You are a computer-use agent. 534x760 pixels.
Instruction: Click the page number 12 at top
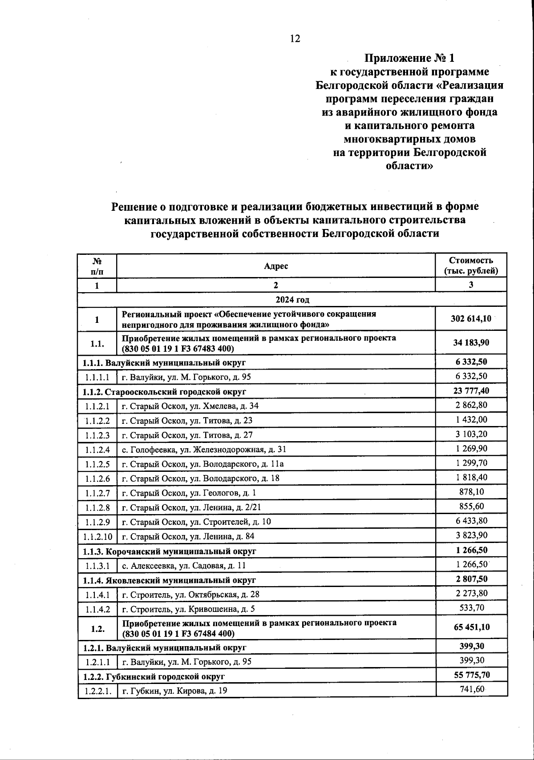(295, 39)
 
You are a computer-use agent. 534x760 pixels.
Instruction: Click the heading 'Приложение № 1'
(409, 58)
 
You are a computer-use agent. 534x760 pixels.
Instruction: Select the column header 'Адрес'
(276, 266)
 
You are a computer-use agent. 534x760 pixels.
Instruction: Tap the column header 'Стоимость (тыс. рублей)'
(471, 266)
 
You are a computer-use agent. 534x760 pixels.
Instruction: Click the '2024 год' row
(292, 299)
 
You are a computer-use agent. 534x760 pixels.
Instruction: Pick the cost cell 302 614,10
(471, 319)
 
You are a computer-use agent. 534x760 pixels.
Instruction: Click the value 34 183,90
(471, 343)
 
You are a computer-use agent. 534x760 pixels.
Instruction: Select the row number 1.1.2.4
(97, 450)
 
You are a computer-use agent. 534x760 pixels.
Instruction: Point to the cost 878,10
(471, 492)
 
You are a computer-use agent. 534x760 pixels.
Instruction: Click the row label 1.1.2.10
(97, 536)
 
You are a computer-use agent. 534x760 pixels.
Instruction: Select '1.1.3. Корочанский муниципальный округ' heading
(170, 551)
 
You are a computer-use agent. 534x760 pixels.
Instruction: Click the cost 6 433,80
(471, 521)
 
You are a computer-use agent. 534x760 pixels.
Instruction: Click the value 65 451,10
(471, 627)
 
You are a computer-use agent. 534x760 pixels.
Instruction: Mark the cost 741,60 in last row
(471, 689)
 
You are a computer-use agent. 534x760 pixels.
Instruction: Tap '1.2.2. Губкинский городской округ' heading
(154, 676)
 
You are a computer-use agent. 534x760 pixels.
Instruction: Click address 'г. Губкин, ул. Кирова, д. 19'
(174, 691)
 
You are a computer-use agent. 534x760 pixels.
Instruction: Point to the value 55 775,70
(471, 675)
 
